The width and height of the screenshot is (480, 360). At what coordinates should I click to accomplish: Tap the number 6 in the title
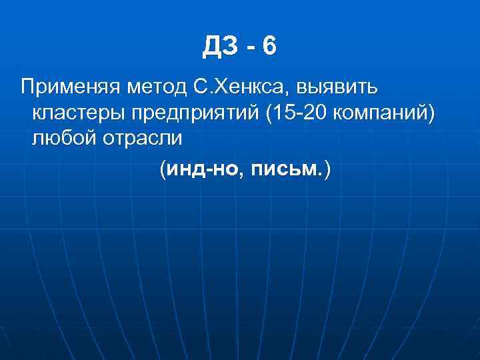(x=269, y=46)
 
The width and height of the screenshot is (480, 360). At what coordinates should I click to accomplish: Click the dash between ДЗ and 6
(x=251, y=47)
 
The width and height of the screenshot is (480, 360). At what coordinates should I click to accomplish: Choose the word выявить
(x=339, y=87)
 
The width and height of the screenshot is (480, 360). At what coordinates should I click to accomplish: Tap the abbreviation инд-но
(x=197, y=171)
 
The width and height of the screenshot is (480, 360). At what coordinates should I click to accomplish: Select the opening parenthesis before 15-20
(x=267, y=114)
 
